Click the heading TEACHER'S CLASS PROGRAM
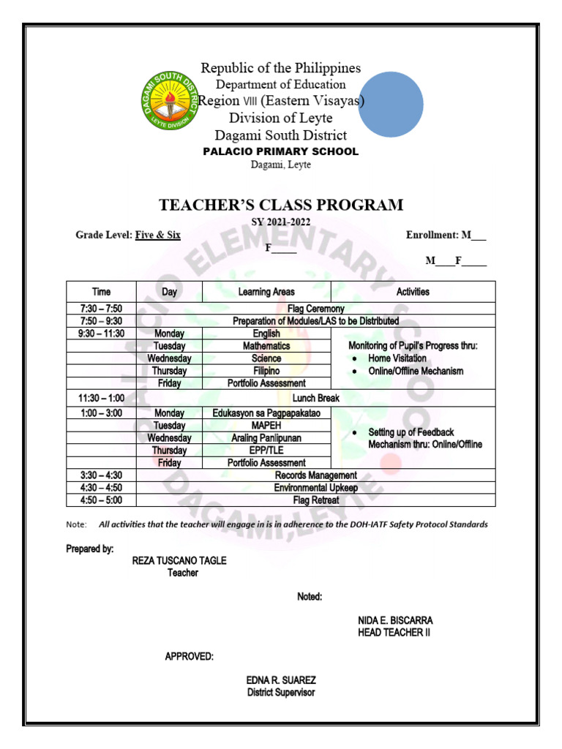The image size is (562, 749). tap(281, 205)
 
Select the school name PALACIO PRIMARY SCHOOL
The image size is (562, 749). tap(281, 151)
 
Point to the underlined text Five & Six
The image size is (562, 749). tap(158, 235)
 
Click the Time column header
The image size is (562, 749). tap(101, 292)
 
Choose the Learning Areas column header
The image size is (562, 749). tap(266, 292)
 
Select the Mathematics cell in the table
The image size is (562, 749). tap(266, 346)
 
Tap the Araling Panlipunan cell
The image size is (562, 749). tap(266, 438)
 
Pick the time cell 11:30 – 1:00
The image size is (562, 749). tap(101, 398)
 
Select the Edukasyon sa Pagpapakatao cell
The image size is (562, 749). tap(266, 413)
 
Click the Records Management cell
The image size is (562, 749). tap(315, 475)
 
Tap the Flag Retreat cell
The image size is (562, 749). tap(315, 500)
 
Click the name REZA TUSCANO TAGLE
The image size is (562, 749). tap(179, 560)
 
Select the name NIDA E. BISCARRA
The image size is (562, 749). tap(395, 620)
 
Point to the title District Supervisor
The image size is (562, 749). tap(281, 692)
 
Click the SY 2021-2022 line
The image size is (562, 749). tap(281, 222)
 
